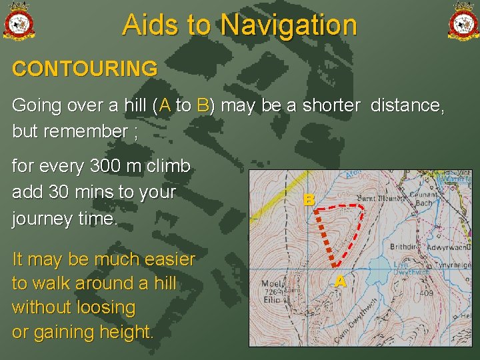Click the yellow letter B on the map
click(308, 199)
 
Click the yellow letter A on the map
click(340, 281)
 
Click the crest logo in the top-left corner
click(19, 21)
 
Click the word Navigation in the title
click(289, 25)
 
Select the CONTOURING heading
click(85, 69)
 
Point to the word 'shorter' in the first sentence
click(333, 105)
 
